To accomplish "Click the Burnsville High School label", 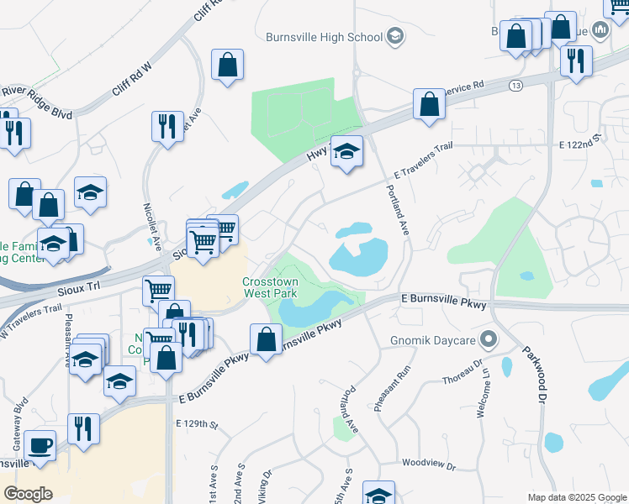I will point(324,37).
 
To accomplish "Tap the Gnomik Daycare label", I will point(432,340).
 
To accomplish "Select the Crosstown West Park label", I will point(270,288).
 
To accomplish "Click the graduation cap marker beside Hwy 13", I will point(346,152).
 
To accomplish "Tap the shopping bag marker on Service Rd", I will point(429,106).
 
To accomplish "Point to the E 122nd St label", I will point(582,144).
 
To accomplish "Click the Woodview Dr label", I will point(428,465).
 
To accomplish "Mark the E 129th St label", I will point(197,427).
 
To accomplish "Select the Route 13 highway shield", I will point(515,86).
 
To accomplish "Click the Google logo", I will point(28,493).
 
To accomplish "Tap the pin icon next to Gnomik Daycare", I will point(491,340).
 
